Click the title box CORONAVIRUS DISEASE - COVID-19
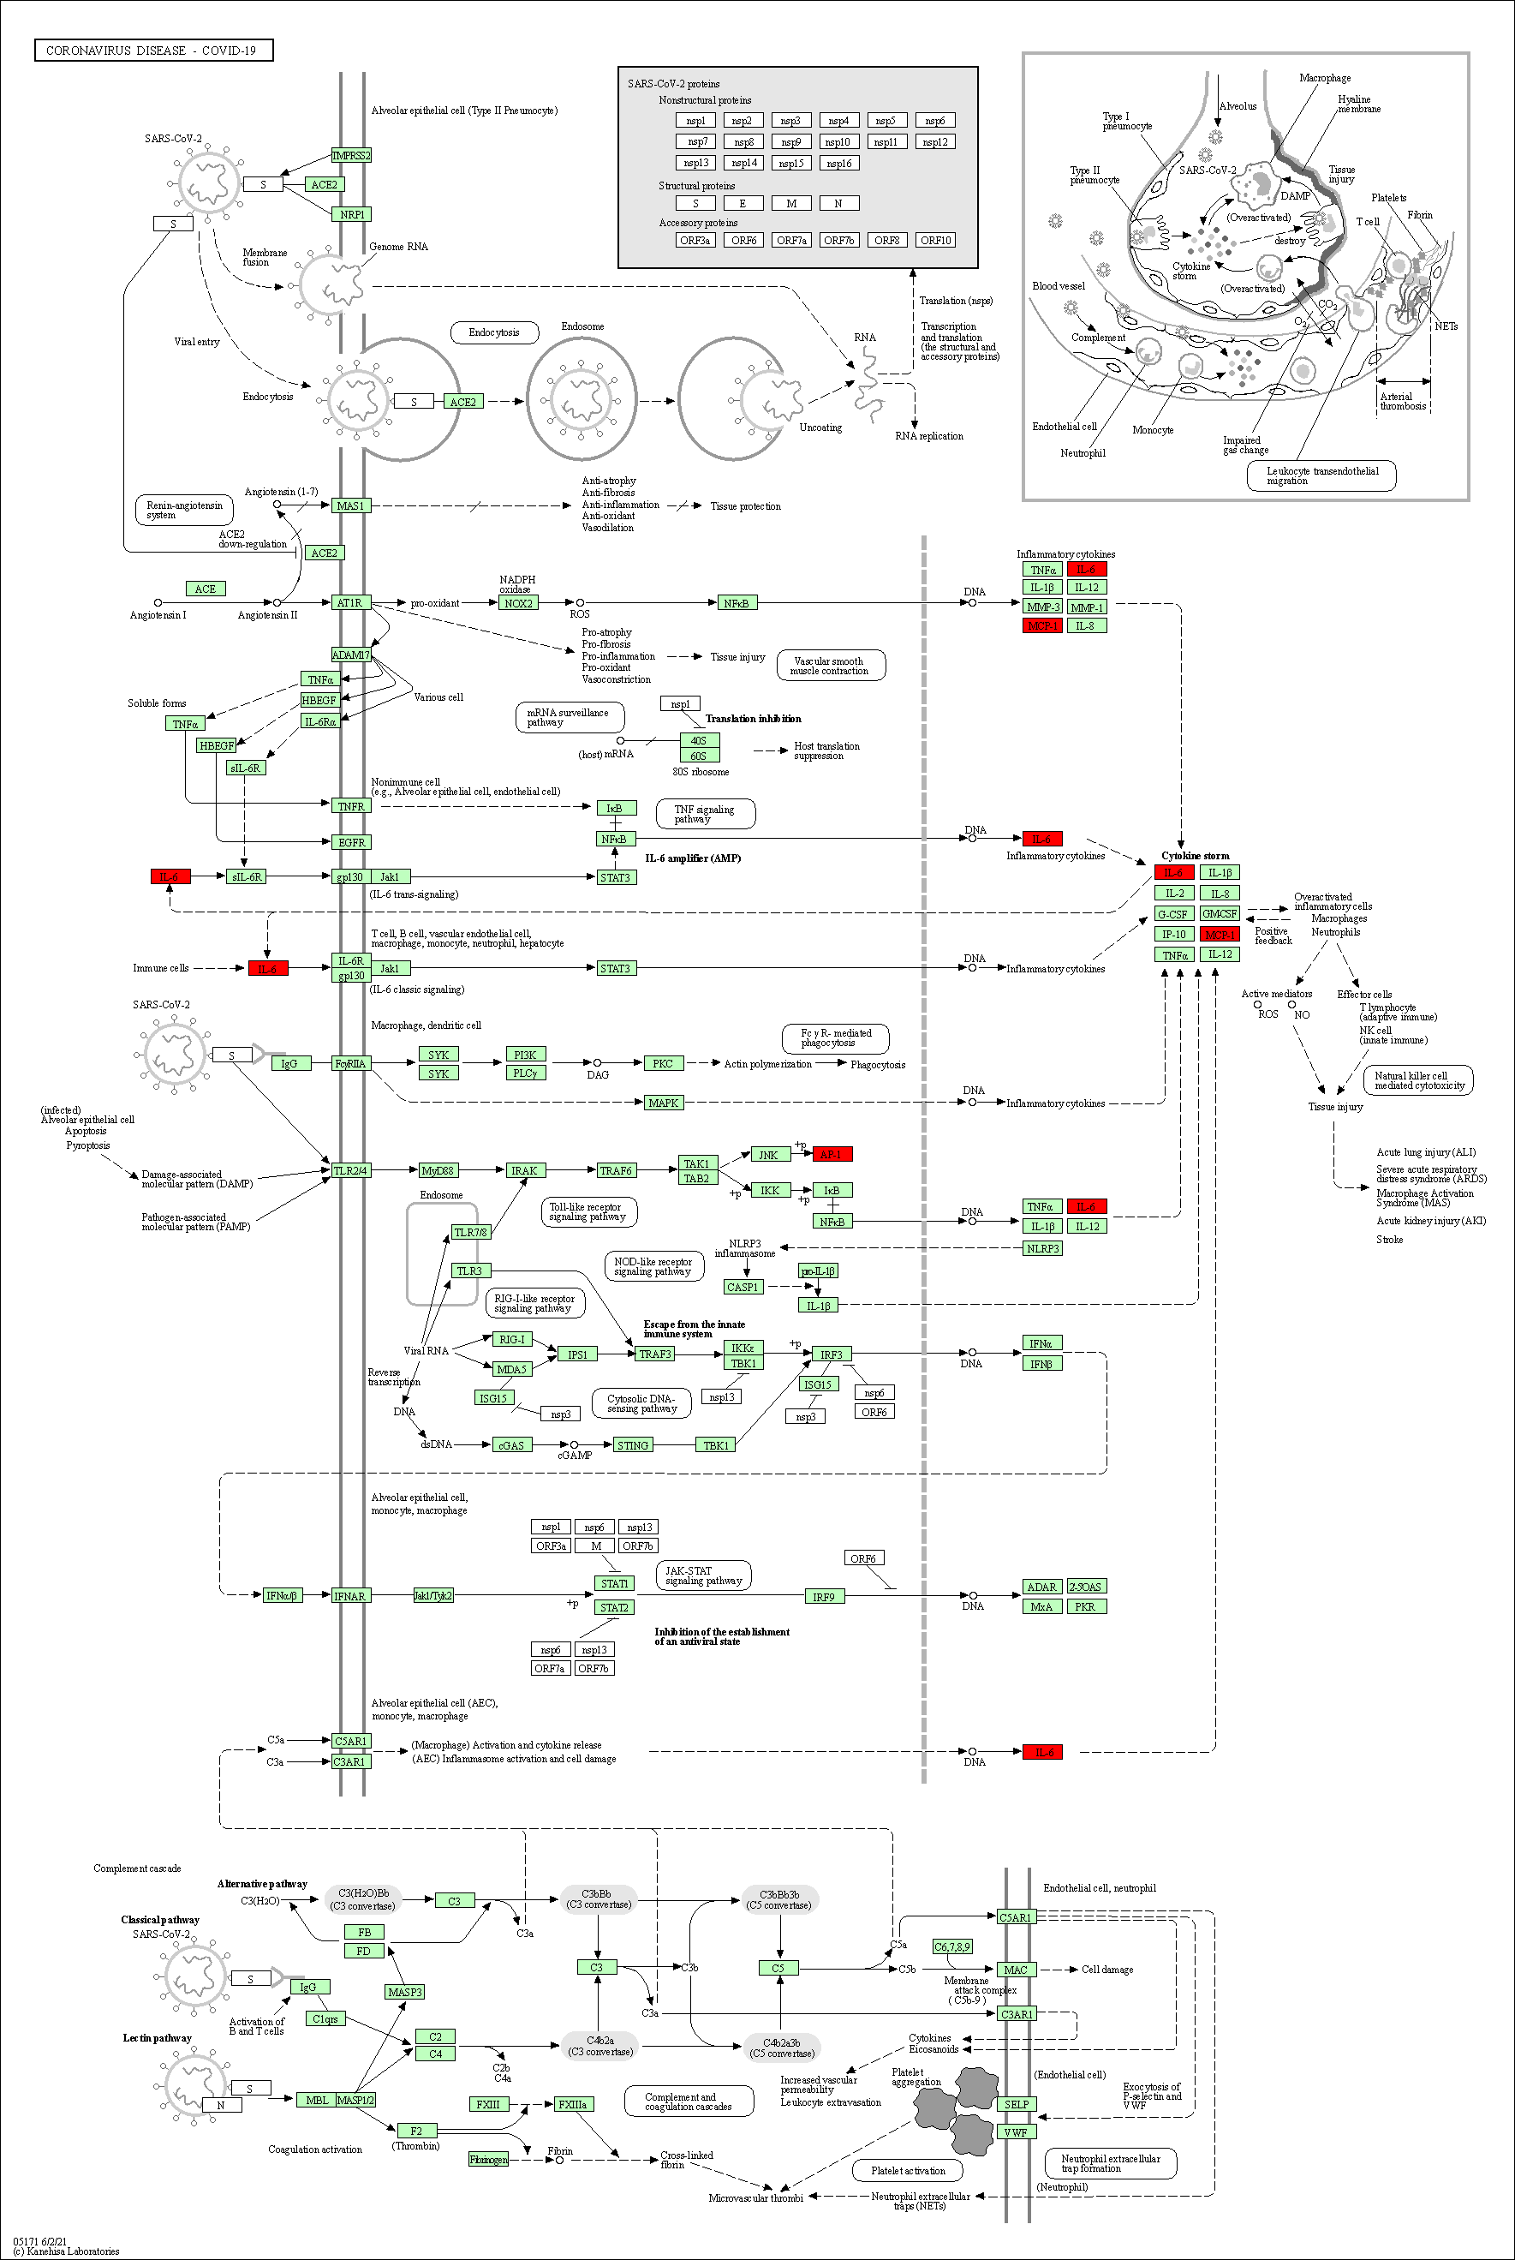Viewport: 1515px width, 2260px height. coord(152,51)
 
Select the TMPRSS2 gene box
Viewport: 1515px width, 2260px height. coord(351,156)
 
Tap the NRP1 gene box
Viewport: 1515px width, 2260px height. coord(352,214)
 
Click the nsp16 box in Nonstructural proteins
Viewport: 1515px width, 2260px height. coord(838,164)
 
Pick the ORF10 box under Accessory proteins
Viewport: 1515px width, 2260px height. coord(934,241)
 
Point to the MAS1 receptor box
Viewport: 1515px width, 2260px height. coord(349,505)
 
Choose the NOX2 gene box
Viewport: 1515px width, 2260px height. coord(518,603)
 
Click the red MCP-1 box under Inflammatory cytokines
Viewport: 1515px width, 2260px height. coord(1041,625)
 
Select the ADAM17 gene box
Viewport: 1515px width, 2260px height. coord(349,655)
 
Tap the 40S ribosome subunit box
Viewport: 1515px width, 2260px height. coord(699,740)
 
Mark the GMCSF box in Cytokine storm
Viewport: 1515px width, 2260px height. coord(1219,913)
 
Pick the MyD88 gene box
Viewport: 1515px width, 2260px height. coord(437,1170)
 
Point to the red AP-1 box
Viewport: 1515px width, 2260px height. coord(831,1154)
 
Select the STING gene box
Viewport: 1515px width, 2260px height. coord(633,1444)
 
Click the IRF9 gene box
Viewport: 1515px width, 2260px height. coord(823,1596)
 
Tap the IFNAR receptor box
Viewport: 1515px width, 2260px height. coord(349,1595)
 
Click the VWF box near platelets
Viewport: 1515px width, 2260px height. coord(1016,2131)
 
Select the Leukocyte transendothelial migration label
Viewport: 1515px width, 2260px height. coord(1321,475)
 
